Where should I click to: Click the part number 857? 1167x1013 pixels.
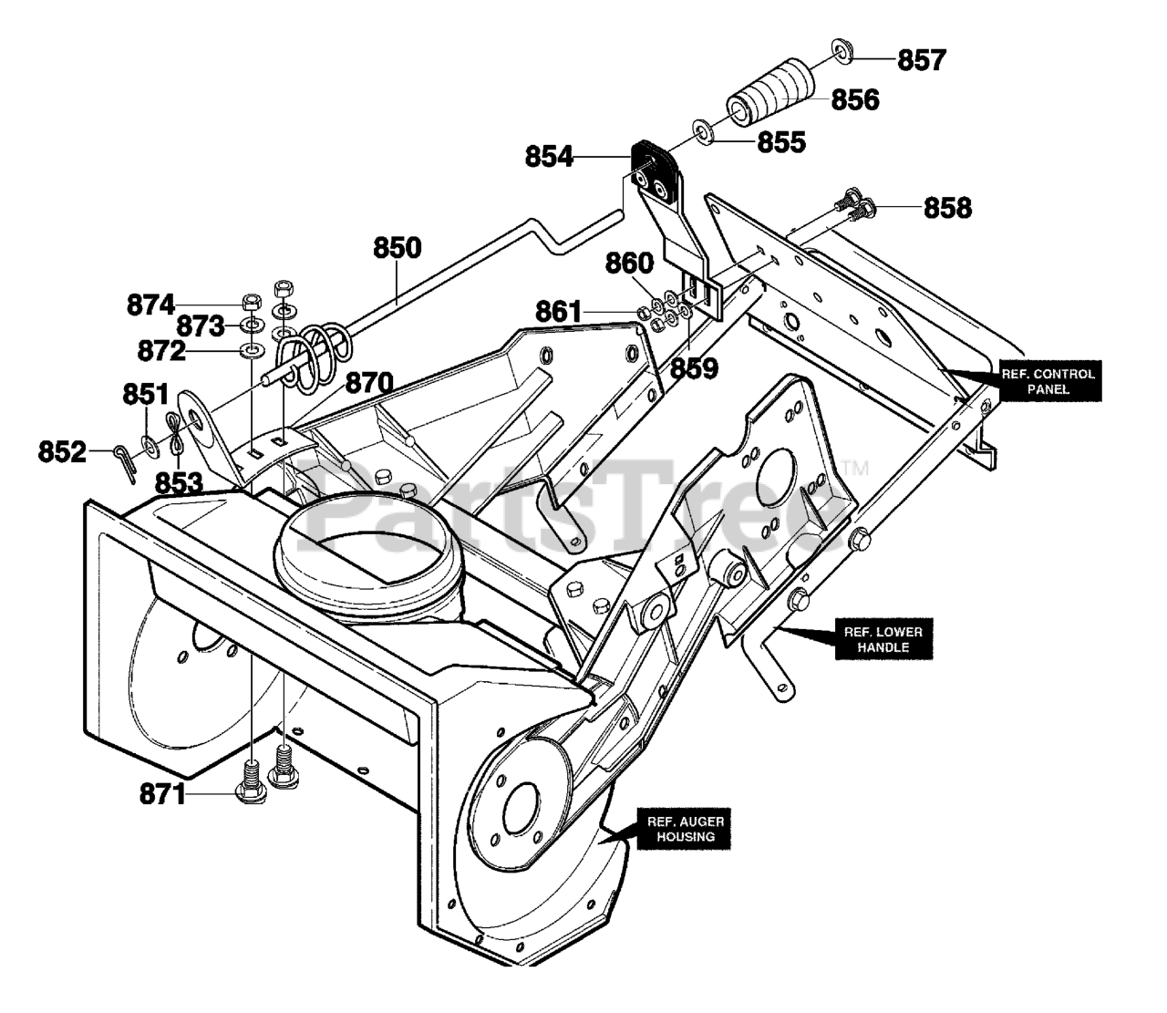pyautogui.click(x=922, y=60)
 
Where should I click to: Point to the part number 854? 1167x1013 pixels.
pyautogui.click(x=549, y=157)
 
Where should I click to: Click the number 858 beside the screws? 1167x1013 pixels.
pyautogui.click(x=948, y=208)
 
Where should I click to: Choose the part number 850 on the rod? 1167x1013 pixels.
pyautogui.click(x=398, y=247)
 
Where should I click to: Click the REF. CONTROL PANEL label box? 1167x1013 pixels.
pyautogui.click(x=1050, y=381)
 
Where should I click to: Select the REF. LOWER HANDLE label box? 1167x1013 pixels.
pyautogui.click(x=883, y=639)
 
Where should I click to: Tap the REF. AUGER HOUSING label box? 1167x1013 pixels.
pyautogui.click(x=685, y=829)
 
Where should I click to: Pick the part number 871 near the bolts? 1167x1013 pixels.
pyautogui.click(x=163, y=794)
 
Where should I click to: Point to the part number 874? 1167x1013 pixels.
pyautogui.click(x=150, y=305)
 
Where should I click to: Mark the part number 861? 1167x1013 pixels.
pyautogui.click(x=559, y=312)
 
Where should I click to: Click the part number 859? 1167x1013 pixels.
pyautogui.click(x=694, y=368)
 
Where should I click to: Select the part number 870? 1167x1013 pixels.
pyautogui.click(x=369, y=383)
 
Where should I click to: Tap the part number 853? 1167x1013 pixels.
pyautogui.click(x=179, y=483)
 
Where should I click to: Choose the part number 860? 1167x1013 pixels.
pyautogui.click(x=629, y=263)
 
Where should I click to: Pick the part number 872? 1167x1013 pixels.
pyautogui.click(x=161, y=351)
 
